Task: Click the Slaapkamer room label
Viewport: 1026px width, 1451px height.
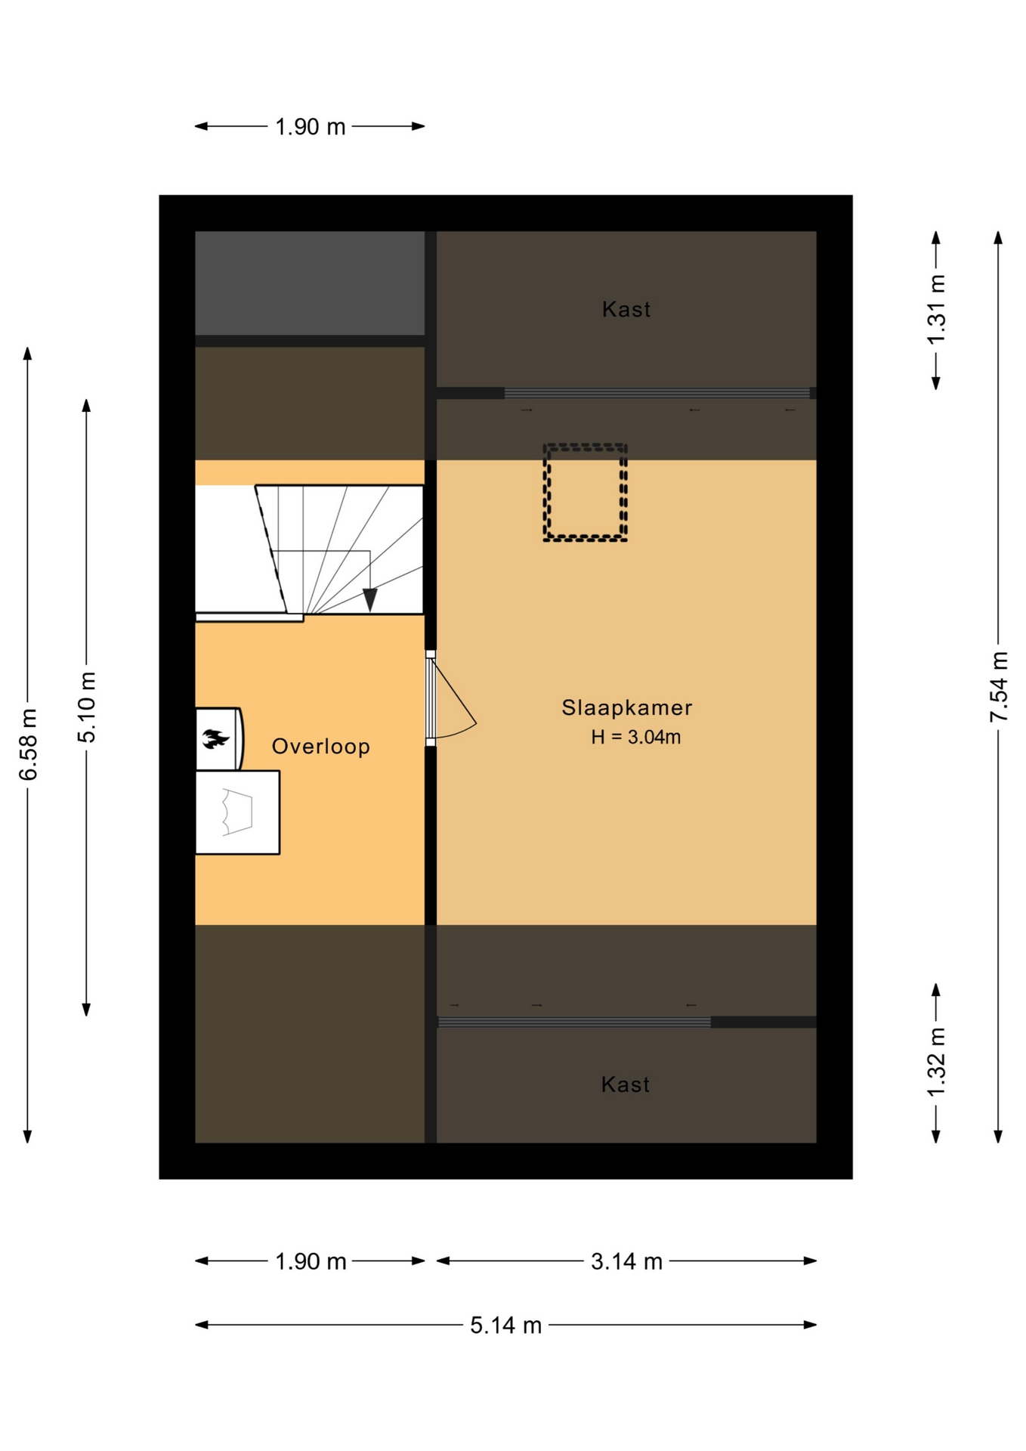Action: point(626,707)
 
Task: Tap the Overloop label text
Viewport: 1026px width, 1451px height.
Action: point(321,747)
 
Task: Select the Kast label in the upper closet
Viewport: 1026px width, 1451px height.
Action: point(626,309)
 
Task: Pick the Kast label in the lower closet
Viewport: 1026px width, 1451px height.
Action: point(625,1084)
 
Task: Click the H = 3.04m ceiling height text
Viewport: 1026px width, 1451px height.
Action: point(636,737)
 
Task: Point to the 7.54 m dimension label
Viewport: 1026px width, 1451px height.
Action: point(999,686)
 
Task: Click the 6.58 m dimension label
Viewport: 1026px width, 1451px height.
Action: point(28,744)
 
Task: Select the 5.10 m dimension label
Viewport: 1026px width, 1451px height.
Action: point(87,707)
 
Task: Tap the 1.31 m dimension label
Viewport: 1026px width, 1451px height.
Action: point(936,310)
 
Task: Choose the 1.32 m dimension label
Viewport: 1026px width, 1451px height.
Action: point(936,1063)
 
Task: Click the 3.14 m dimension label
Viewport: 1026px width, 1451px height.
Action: point(626,1261)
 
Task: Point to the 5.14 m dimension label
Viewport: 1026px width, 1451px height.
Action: point(506,1325)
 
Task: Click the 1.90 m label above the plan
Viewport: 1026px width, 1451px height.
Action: point(311,127)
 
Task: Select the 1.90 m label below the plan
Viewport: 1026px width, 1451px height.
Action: point(311,1261)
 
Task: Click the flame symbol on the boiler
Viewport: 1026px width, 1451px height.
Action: point(215,738)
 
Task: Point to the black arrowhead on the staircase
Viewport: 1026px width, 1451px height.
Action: point(369,600)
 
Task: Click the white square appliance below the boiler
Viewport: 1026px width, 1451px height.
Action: point(237,812)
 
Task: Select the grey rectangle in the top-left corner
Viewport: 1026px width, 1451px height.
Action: point(310,283)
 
